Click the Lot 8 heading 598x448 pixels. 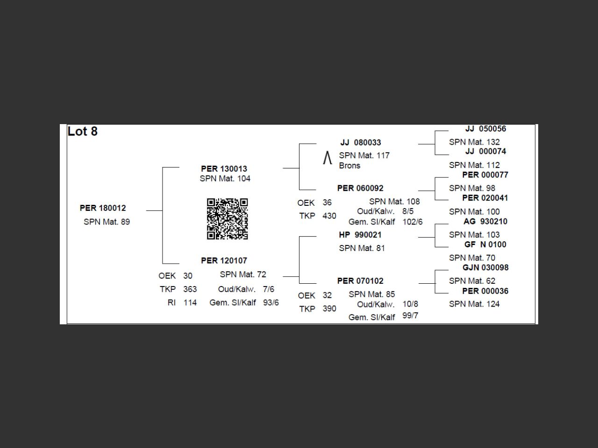tap(83, 132)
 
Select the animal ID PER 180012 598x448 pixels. tap(103, 208)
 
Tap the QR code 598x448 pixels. tap(227, 219)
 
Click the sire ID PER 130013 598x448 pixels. tap(224, 168)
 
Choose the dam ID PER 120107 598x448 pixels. tap(224, 260)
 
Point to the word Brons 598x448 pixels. tap(349, 166)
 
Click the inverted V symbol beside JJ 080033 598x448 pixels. tap(327, 158)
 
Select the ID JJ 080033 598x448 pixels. tap(361, 142)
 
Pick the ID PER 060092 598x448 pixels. tap(360, 188)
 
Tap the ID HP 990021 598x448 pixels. tap(360, 235)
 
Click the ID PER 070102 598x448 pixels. tap(360, 281)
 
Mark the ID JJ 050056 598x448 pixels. tap(485, 129)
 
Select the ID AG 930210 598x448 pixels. tap(485, 221)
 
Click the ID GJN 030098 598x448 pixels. tap(485, 267)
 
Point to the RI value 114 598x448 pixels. tap(190, 302)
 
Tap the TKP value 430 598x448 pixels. tap(329, 216)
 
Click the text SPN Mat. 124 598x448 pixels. tap(474, 304)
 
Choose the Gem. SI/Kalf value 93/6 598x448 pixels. tap(271, 302)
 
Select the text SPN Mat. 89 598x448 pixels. tap(107, 222)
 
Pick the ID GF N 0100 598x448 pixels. tap(485, 245)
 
